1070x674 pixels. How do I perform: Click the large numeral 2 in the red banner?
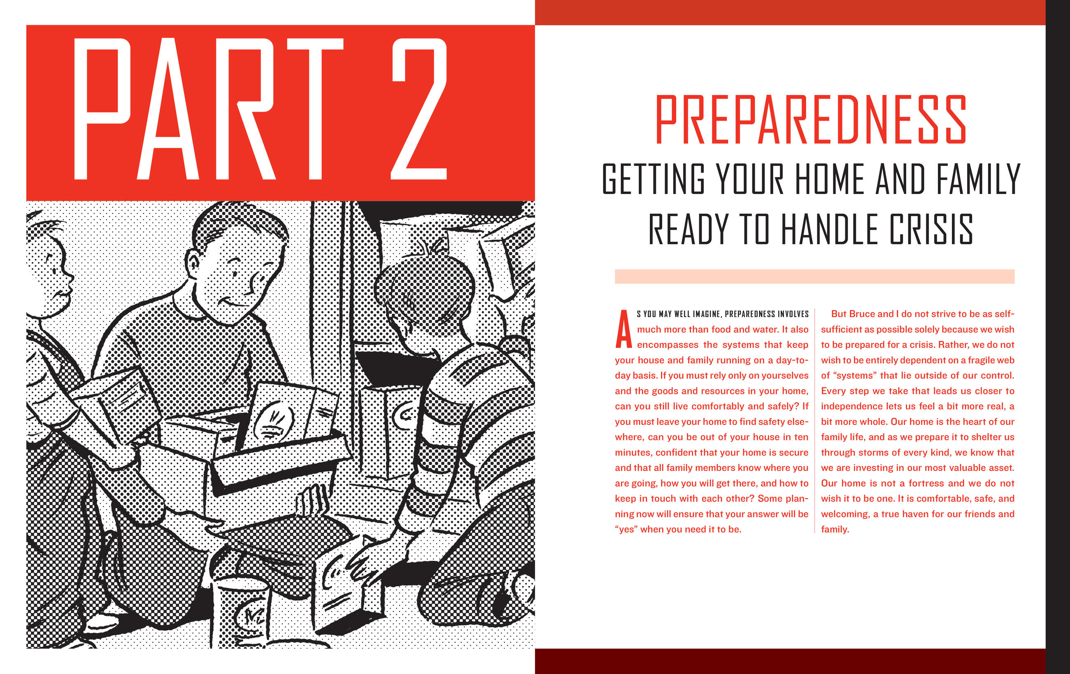pyautogui.click(x=419, y=109)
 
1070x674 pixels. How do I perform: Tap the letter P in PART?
pyautogui.click(x=102, y=109)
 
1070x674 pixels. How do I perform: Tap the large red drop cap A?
pyautogui.click(x=623, y=329)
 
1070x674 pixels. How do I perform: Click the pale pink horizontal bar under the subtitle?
pyautogui.click(x=814, y=276)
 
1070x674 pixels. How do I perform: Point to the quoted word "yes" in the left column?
pyautogui.click(x=626, y=529)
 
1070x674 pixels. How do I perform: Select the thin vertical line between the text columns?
pyautogui.click(x=814, y=421)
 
